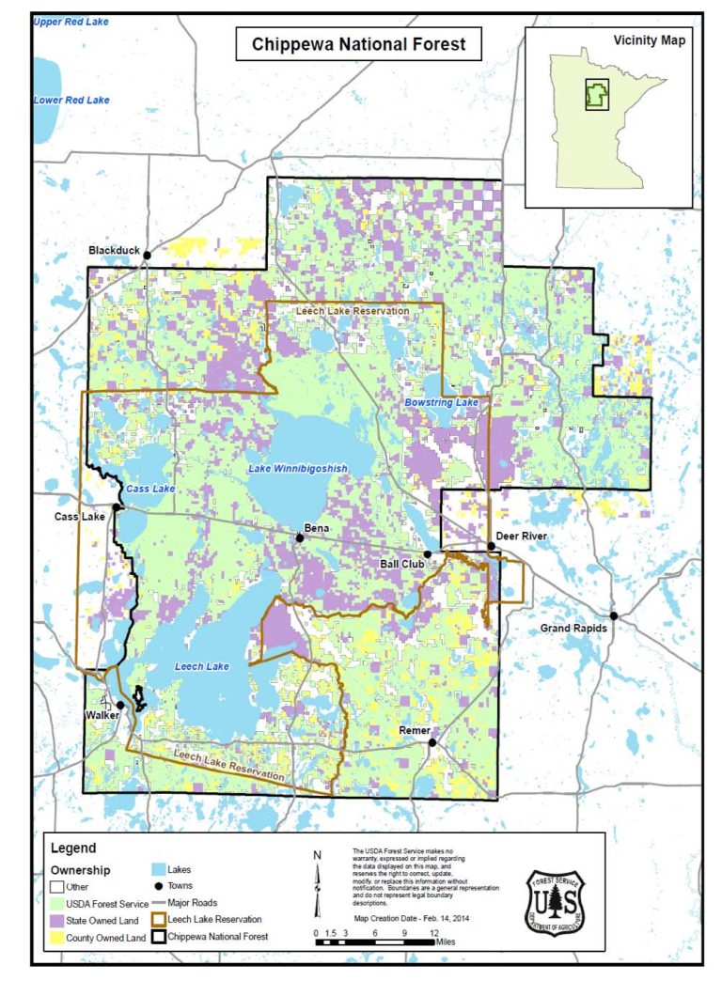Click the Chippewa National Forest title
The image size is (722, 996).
pyautogui.click(x=358, y=44)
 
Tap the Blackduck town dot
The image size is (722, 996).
pyautogui.click(x=147, y=254)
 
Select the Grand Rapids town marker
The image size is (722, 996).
pyautogui.click(x=612, y=615)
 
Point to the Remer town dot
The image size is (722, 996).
pyautogui.click(x=432, y=742)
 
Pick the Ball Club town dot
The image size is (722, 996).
pyautogui.click(x=428, y=554)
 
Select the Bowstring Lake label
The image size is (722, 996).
pyautogui.click(x=441, y=402)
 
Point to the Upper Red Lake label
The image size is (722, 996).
pyautogui.click(x=71, y=21)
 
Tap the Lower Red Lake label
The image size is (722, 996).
pyautogui.click(x=71, y=100)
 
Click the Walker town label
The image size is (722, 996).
pyautogui.click(x=102, y=716)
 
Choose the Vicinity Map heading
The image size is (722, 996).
pyautogui.click(x=649, y=40)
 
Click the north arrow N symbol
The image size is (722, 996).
pyautogui.click(x=317, y=854)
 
